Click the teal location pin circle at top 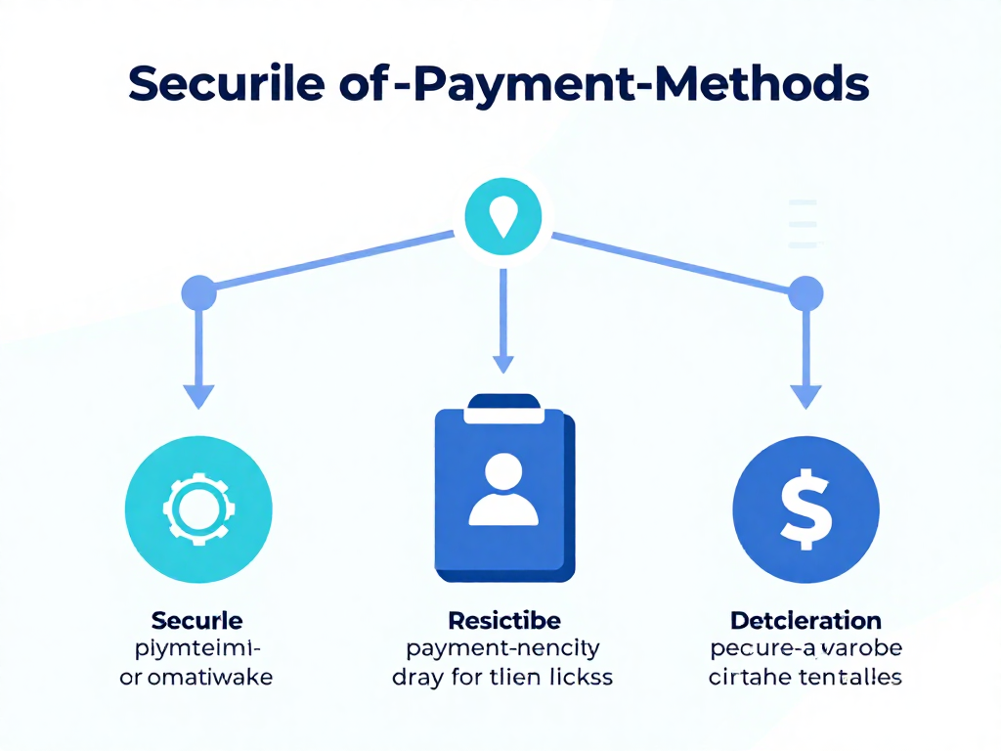point(501,217)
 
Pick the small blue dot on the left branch point(198,292)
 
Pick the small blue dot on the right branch point(805,292)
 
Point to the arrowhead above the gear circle point(198,395)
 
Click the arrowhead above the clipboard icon point(502,364)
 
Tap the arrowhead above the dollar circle point(805,395)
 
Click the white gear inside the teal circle point(198,508)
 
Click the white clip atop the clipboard point(503,409)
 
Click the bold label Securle point(197,620)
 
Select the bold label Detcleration point(806,620)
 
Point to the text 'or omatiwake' point(196,677)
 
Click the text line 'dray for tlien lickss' point(502,677)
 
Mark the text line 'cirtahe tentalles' point(805,677)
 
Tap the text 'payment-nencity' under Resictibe point(503,648)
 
